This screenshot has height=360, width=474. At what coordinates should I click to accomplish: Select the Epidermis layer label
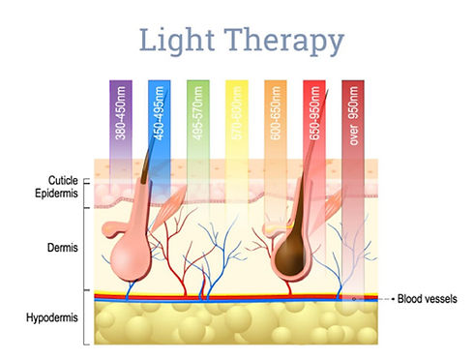click(x=62, y=194)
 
